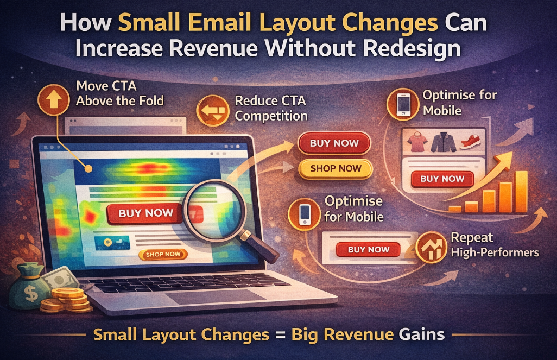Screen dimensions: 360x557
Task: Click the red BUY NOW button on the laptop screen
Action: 145,213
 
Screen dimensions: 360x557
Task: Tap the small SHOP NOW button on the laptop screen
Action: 163,254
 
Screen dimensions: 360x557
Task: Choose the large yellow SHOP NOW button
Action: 335,168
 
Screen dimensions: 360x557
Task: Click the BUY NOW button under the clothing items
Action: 442,179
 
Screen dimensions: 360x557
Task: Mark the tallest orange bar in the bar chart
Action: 521,191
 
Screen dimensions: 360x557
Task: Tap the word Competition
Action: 271,116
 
